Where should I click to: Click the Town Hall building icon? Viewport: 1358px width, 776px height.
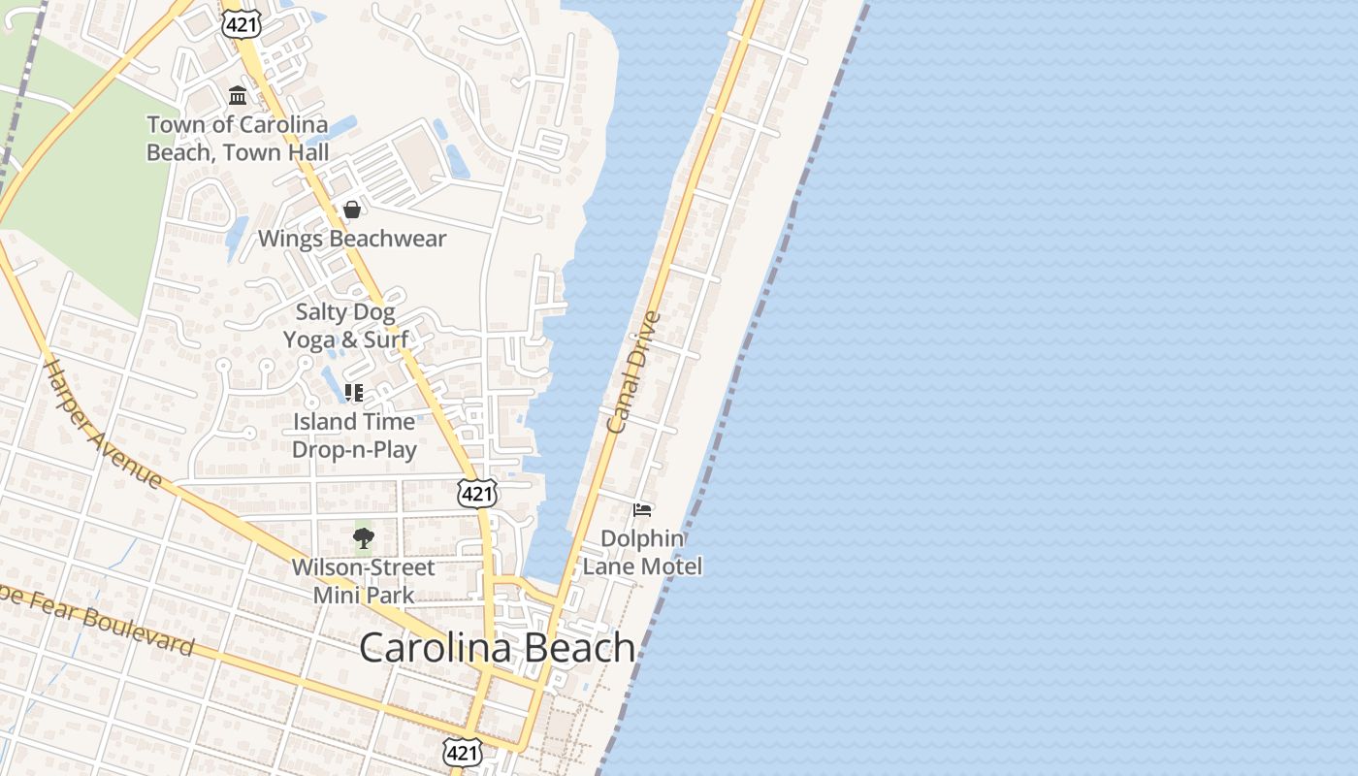(238, 95)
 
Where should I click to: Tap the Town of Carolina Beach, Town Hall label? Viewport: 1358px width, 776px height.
(238, 139)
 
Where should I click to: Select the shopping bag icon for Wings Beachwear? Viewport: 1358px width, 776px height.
(352, 210)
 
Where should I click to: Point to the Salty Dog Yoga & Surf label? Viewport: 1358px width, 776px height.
(345, 326)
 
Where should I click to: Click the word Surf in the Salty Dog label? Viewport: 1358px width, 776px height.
(385, 340)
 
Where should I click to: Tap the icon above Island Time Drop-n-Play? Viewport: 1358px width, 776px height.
(354, 393)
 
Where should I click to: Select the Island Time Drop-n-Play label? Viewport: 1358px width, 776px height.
(354, 436)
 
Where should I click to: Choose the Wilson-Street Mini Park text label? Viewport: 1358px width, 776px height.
(364, 580)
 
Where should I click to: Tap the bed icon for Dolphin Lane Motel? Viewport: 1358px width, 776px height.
(641, 509)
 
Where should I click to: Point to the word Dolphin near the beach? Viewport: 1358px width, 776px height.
(642, 538)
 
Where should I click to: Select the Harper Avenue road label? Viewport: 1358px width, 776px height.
(103, 424)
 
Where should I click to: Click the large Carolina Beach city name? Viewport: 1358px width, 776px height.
(497, 648)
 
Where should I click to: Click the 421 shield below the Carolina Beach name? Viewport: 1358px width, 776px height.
(462, 751)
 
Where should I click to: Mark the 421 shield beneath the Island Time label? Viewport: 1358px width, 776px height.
(477, 494)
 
